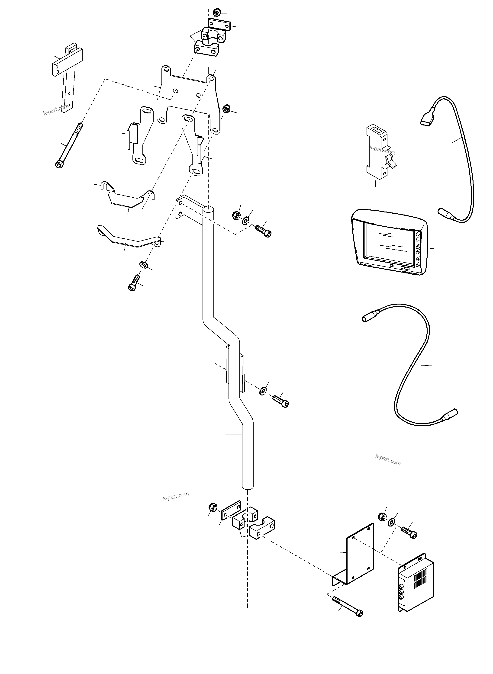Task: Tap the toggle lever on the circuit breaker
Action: [x=392, y=163]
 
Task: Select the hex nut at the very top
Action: [x=216, y=13]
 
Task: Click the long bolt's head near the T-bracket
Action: [x=59, y=164]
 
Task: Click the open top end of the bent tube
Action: [x=208, y=210]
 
